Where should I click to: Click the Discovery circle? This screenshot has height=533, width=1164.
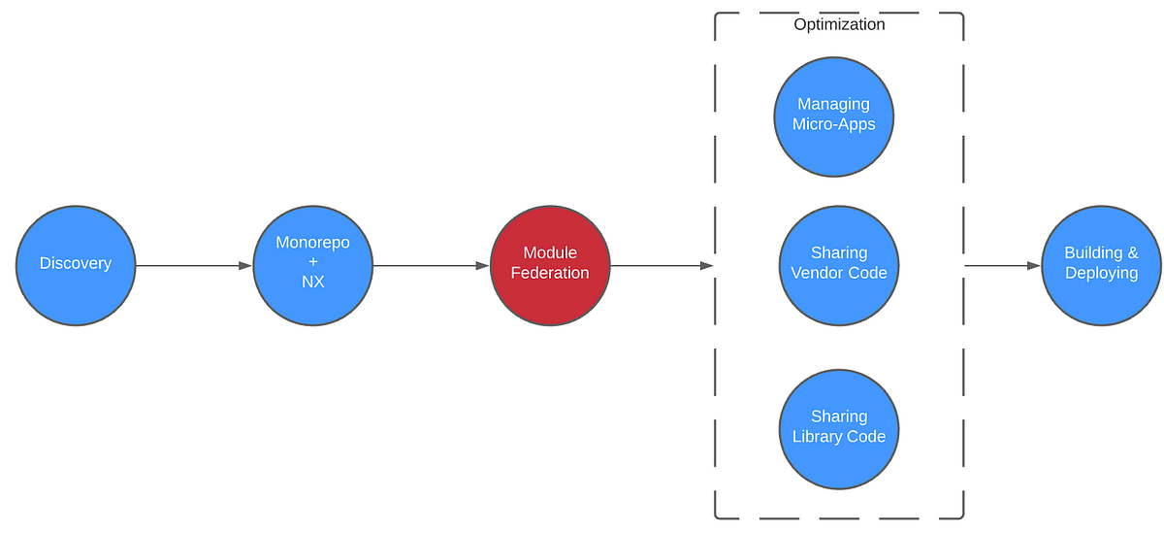coord(76,264)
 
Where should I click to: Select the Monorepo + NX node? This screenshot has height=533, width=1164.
coord(312,264)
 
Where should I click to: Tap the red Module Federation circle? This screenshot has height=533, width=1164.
coord(550,264)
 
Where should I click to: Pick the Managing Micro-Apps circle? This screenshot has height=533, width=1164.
coord(833,116)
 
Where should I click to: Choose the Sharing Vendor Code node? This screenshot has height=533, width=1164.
coord(839,264)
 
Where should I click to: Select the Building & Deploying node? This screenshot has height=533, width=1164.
coord(1101,264)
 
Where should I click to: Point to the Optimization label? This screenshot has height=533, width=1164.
coord(839,25)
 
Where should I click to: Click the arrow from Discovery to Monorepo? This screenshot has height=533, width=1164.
coord(194,265)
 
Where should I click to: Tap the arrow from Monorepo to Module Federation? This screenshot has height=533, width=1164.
coord(431,265)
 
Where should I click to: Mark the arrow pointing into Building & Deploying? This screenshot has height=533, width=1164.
coord(1002,265)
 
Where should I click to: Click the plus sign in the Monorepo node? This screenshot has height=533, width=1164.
coord(312,263)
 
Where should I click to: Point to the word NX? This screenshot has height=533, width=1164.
coord(312,283)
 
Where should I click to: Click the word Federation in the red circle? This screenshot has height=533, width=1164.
coord(550,274)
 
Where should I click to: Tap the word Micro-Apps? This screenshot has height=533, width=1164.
coord(833,124)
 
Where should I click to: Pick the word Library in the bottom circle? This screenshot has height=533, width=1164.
coord(818,437)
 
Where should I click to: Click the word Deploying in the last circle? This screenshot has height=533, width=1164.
coord(1101,274)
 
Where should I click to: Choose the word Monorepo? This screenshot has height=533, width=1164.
coord(312,244)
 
